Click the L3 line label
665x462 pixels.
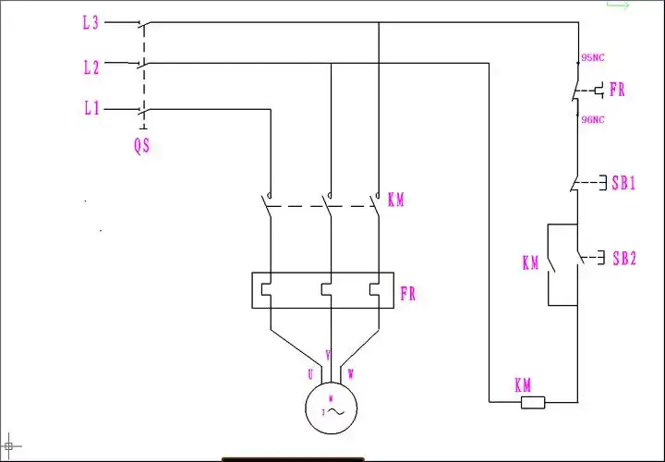[x=90, y=23]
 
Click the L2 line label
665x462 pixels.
[x=90, y=67]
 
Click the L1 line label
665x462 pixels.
[x=90, y=109]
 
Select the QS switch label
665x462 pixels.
[x=141, y=146]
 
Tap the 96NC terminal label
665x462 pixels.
[x=592, y=119]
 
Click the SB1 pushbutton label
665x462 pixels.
[x=623, y=182]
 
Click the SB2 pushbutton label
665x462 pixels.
[x=623, y=258]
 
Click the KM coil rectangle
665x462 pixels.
[x=534, y=402]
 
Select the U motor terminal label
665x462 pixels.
[x=310, y=374]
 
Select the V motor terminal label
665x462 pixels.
[x=328, y=354]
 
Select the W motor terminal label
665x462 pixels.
[x=350, y=374]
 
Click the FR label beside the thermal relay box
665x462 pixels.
[x=407, y=295]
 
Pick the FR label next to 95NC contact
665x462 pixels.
[x=617, y=90]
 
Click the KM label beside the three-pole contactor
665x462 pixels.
[x=395, y=200]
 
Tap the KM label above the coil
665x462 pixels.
[x=523, y=384]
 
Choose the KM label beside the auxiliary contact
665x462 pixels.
[x=530, y=263]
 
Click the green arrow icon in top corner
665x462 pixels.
[x=617, y=6]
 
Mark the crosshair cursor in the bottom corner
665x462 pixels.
[x=9, y=446]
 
